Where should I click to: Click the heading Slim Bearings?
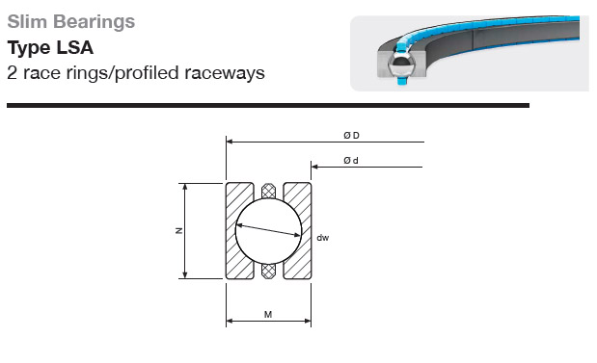(71, 22)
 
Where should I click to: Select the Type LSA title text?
(50, 48)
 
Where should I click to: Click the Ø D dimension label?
(351, 136)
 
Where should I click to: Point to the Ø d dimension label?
(351, 161)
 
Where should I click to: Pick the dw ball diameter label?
(322, 238)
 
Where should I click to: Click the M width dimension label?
(268, 315)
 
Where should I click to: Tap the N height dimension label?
(179, 230)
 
